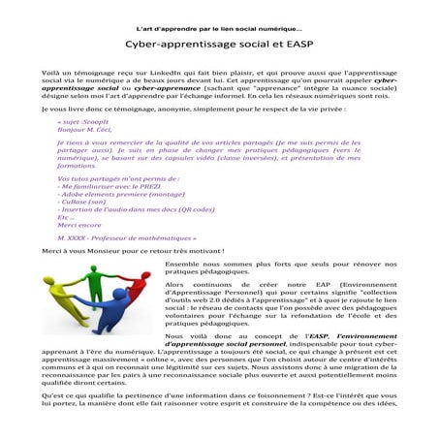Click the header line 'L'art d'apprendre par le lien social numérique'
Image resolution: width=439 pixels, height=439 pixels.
pos(219,28)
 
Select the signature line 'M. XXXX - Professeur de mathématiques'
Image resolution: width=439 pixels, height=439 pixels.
pos(126,237)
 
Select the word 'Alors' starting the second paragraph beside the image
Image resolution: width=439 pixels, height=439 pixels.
pos(175,286)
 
